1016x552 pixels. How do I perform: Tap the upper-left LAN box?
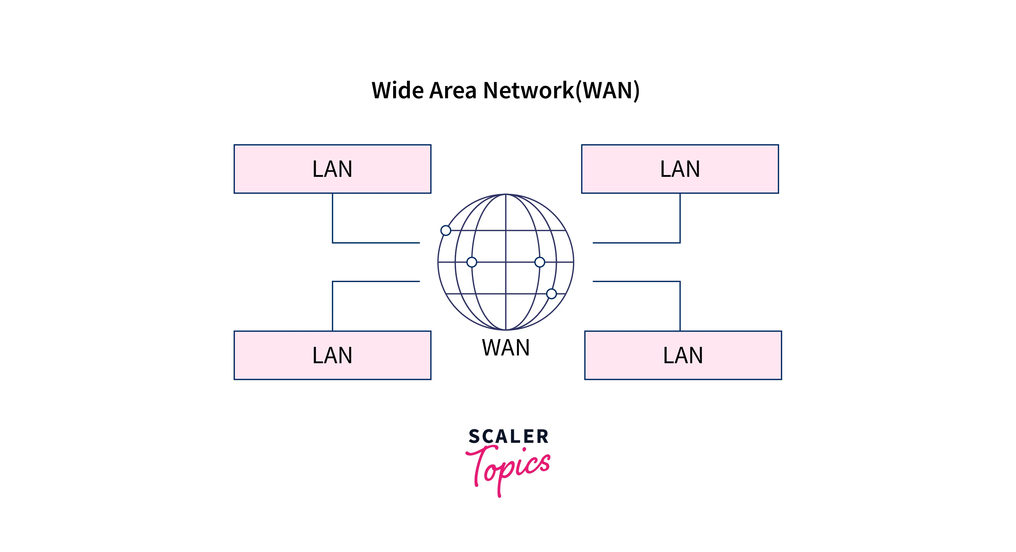pyautogui.click(x=332, y=169)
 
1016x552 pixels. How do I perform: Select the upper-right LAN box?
pyautogui.click(x=680, y=169)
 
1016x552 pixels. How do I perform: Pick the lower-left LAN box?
pyautogui.click(x=332, y=355)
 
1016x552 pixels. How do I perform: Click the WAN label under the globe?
pyautogui.click(x=506, y=348)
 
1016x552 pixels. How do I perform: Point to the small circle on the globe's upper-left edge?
pyautogui.click(x=446, y=230)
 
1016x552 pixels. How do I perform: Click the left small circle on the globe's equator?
pyautogui.click(x=472, y=262)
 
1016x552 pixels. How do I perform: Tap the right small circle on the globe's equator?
pyautogui.click(x=540, y=262)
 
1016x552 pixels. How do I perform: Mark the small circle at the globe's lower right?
pyautogui.click(x=551, y=294)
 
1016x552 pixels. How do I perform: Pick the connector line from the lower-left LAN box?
pyautogui.click(x=332, y=303)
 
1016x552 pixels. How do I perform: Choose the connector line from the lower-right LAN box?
pyautogui.click(x=680, y=303)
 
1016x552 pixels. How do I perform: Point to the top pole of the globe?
pyautogui.click(x=506, y=195)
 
